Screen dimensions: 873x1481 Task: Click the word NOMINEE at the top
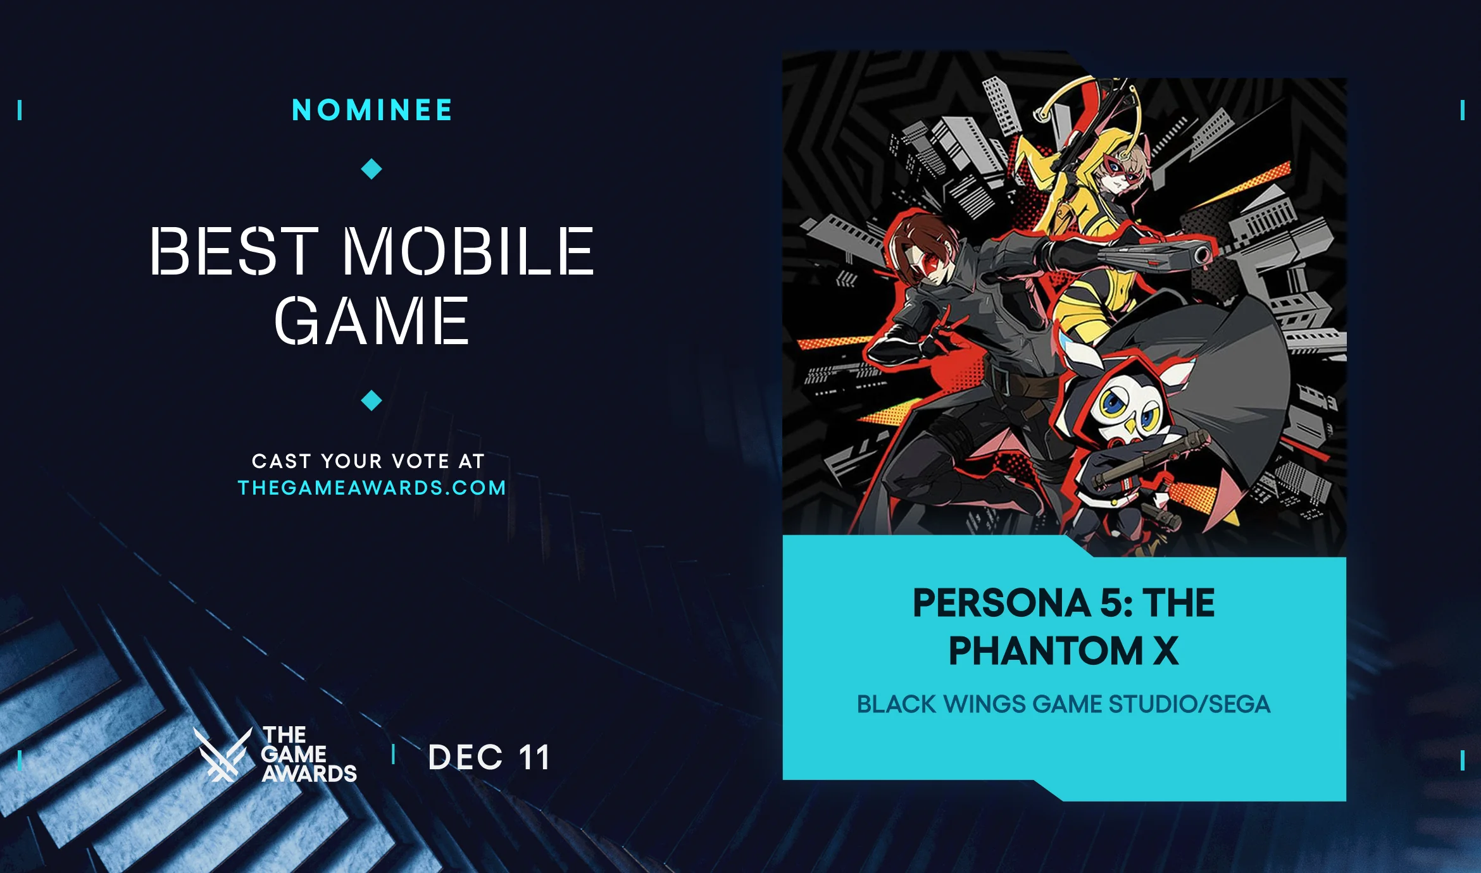(372, 110)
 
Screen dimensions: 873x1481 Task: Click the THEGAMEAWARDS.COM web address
(372, 488)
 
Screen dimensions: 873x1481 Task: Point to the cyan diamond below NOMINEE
(372, 169)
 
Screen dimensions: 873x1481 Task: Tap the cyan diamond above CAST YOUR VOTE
(372, 400)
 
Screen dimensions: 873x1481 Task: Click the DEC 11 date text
(489, 757)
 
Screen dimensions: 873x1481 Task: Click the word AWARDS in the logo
(309, 774)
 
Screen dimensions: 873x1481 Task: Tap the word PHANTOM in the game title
(1045, 651)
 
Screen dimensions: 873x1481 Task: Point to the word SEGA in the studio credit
(1239, 704)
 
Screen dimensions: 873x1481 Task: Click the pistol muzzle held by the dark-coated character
(1201, 256)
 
